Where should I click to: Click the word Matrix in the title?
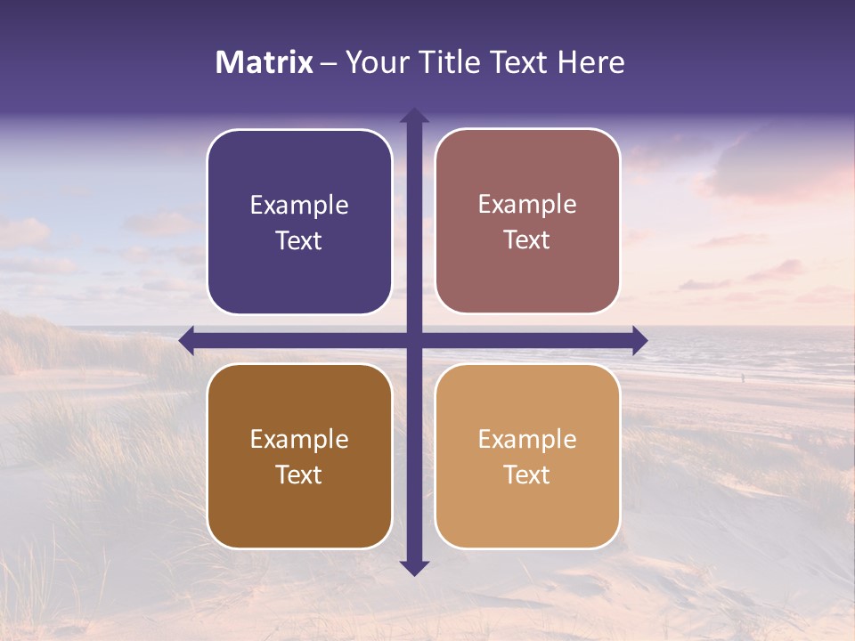[x=265, y=62]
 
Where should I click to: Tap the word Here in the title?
[x=591, y=62]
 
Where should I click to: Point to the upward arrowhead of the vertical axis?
[x=414, y=115]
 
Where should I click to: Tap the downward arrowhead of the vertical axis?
[x=414, y=567]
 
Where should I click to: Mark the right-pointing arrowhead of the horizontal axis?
[x=639, y=340]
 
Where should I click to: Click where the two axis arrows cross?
[x=414, y=340]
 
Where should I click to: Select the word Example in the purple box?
[x=299, y=206]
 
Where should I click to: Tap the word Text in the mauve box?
[x=527, y=240]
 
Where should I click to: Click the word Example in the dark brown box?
[x=299, y=440]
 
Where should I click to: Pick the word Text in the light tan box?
[x=527, y=475]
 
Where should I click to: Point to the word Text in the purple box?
[x=299, y=241]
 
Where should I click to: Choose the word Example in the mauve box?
[x=527, y=205]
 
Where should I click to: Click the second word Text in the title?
[x=518, y=62]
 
